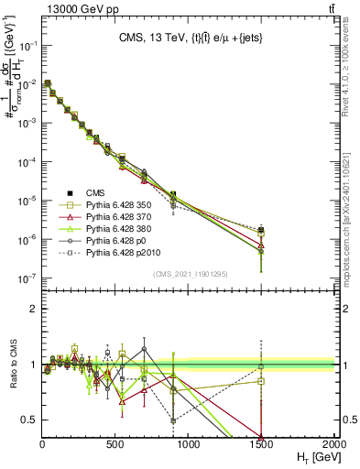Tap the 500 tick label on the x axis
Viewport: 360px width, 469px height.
(115, 444)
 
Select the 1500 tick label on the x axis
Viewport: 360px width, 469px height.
(262, 444)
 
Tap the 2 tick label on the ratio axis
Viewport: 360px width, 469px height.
(33, 309)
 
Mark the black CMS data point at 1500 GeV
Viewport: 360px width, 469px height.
(262, 230)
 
